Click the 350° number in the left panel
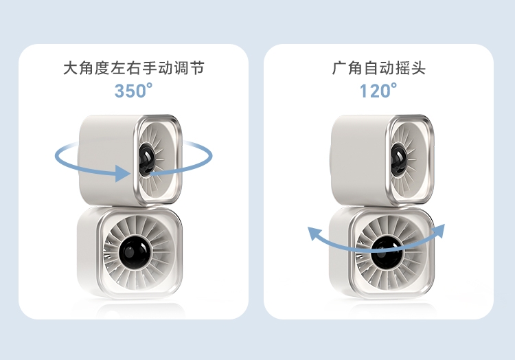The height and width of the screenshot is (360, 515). pyautogui.click(x=133, y=91)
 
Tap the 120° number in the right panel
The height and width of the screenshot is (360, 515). pyautogui.click(x=378, y=91)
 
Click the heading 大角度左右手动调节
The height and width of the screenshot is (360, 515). pyautogui.click(x=133, y=69)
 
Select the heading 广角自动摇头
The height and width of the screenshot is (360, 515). pyautogui.click(x=378, y=69)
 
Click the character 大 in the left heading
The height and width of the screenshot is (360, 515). pyautogui.click(x=69, y=69)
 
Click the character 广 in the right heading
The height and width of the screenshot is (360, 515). pyautogui.click(x=339, y=69)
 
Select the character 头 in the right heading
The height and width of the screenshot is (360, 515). pyautogui.click(x=418, y=69)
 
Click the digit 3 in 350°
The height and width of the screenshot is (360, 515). pyautogui.click(x=119, y=91)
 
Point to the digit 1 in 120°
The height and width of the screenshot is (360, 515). pyautogui.click(x=365, y=91)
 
